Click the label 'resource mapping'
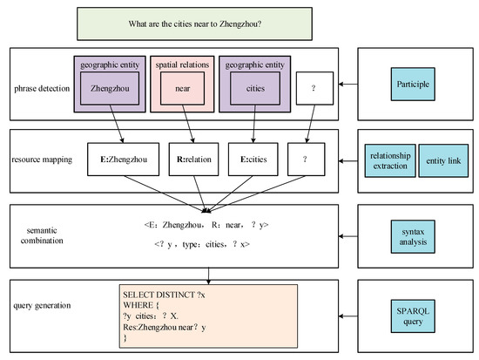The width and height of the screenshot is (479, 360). [x=42, y=161]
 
